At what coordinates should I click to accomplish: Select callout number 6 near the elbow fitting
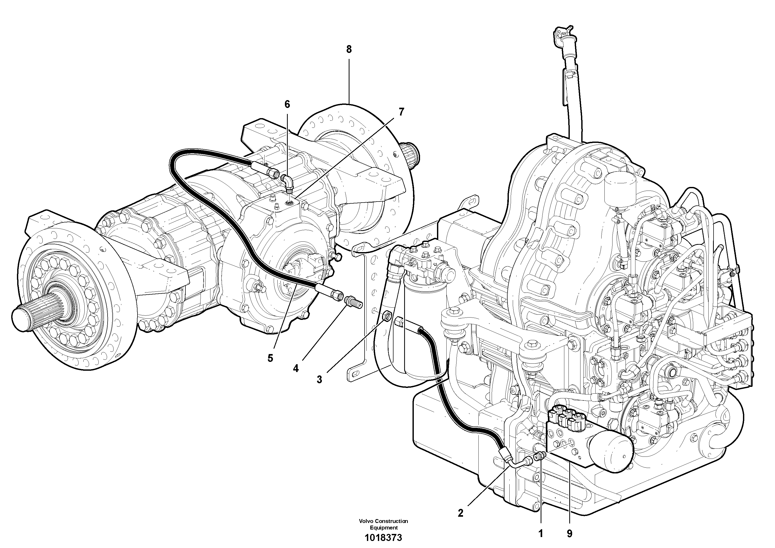[287, 104]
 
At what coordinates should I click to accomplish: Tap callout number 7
[401, 112]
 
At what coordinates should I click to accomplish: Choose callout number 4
[296, 369]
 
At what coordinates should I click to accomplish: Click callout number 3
[319, 379]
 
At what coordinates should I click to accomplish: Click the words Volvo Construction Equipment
[383, 524]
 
